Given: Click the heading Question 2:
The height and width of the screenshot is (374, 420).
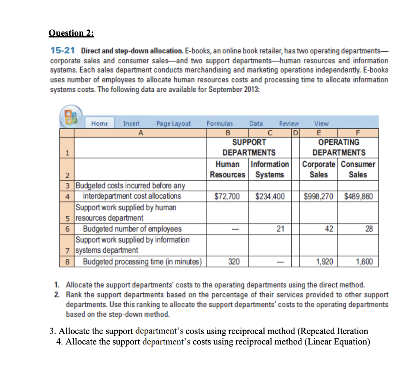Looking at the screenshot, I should [x=71, y=33].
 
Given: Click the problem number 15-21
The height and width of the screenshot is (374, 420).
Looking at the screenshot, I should [x=62, y=51].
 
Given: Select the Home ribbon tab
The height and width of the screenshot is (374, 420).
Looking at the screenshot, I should [x=100, y=123].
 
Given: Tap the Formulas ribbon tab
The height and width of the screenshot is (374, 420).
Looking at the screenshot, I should [x=219, y=123].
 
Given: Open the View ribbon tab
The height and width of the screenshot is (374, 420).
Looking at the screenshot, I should [x=321, y=123].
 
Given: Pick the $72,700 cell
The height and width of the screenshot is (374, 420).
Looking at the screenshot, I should [x=228, y=196].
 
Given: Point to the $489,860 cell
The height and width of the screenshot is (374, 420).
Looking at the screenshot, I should [x=358, y=196].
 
